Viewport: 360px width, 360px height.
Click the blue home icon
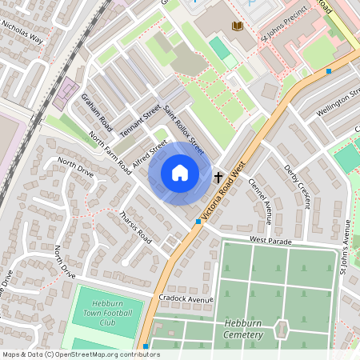click(x=180, y=173)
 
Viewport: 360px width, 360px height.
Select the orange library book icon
click(x=236, y=27)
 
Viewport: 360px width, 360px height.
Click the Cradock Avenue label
click(x=187, y=299)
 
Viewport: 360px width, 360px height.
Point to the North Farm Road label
click(x=110, y=154)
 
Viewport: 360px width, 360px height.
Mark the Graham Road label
click(x=95, y=111)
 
